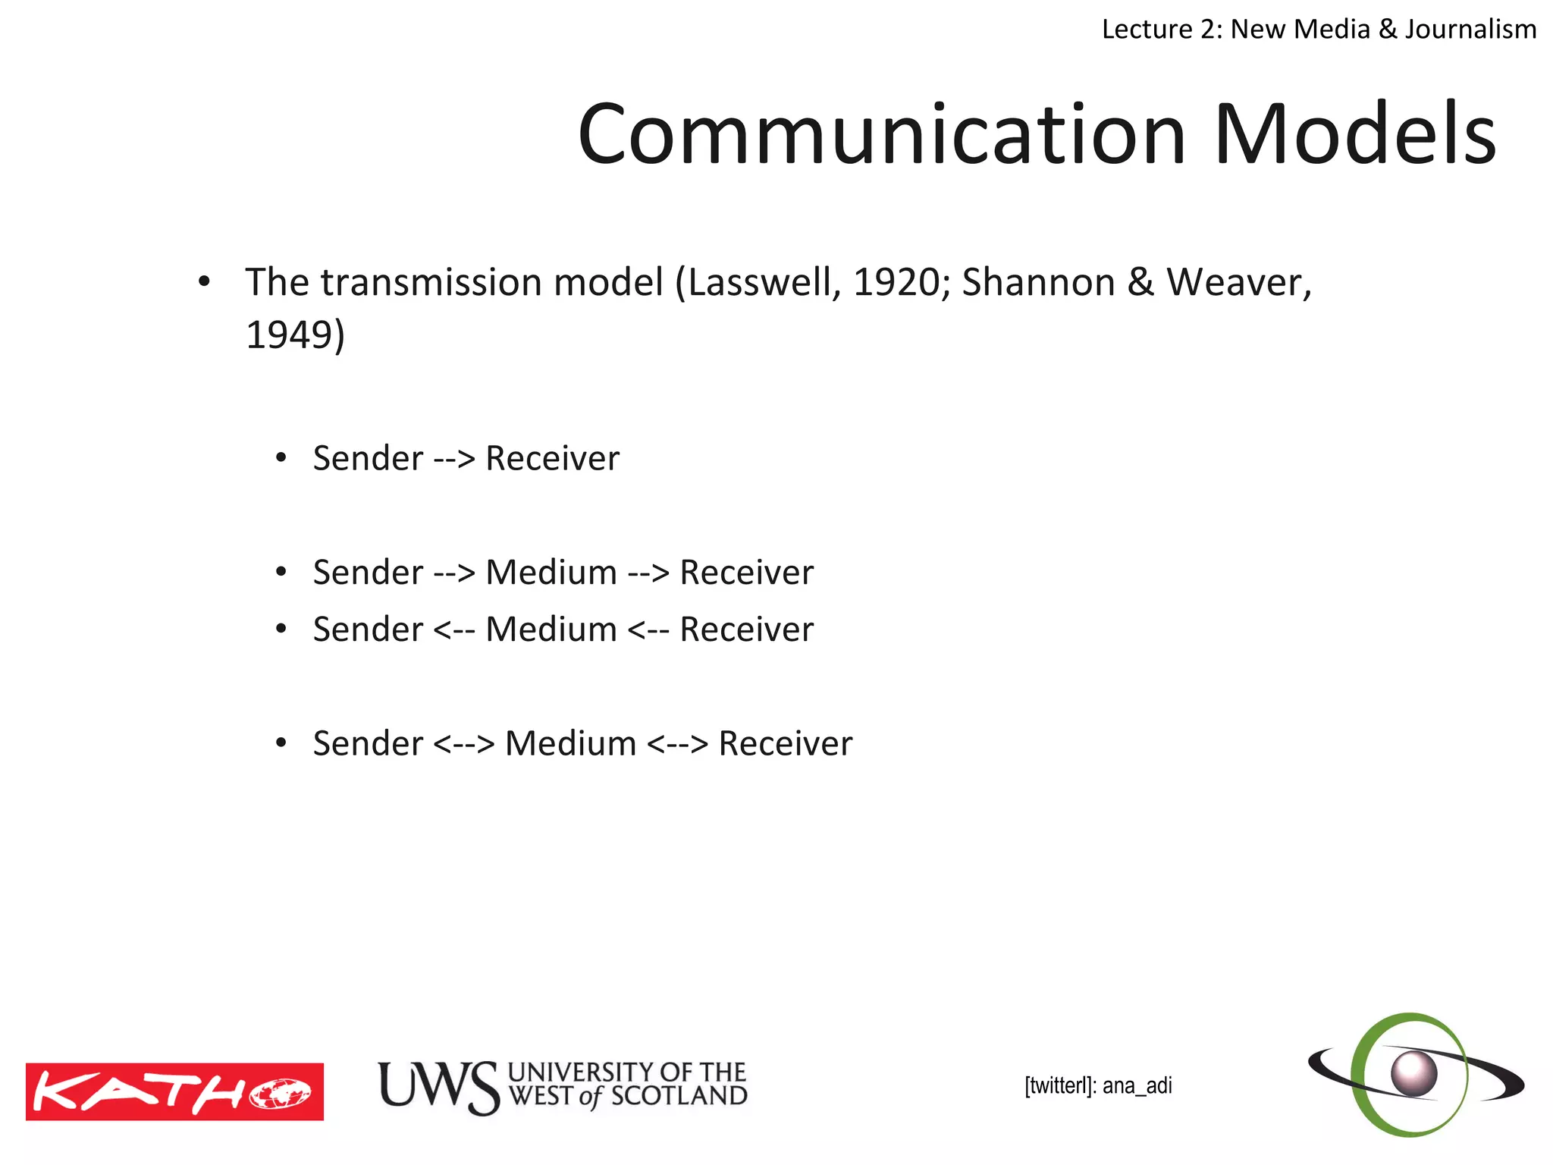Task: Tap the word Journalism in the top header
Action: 1470,29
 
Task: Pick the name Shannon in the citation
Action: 1038,282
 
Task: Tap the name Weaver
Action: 1238,282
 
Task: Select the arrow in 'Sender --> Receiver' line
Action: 454,459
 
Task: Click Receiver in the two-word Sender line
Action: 552,459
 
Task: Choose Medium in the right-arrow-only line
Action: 551,573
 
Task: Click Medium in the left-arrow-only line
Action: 551,630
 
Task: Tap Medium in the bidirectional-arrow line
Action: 570,743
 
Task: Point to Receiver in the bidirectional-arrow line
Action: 785,743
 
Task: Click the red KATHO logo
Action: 174,1091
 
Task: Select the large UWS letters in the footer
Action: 438,1087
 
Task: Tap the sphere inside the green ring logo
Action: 1414,1073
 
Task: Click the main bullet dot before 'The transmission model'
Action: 203,282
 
